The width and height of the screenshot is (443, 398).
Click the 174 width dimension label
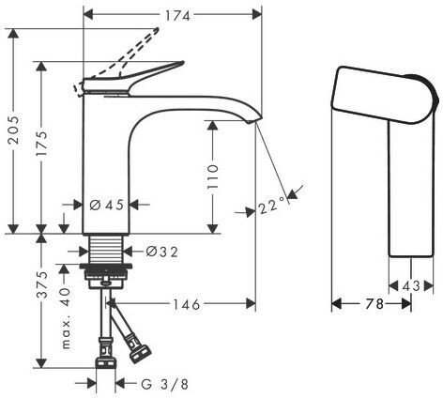177,15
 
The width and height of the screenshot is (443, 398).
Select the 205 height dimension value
14,130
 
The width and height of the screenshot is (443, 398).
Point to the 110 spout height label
212,176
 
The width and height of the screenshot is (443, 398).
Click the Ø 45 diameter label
107,206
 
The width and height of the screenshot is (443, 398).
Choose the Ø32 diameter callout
162,252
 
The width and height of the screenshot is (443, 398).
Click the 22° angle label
272,206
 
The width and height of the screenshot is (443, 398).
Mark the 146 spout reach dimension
187,304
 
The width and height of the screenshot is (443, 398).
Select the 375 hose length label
41,284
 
